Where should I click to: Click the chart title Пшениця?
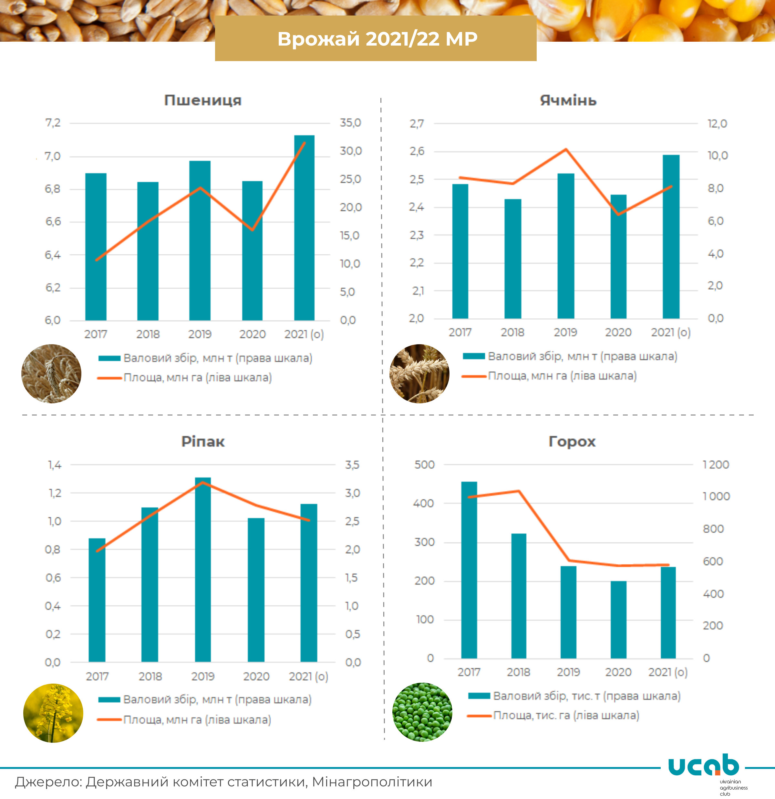(x=203, y=100)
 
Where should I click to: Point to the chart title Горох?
(x=572, y=442)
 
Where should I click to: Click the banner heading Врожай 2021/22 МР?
(x=377, y=39)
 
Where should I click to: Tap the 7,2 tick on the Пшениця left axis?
(x=53, y=123)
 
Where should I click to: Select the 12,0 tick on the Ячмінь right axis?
(x=717, y=123)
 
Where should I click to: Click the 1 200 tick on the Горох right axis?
(x=716, y=464)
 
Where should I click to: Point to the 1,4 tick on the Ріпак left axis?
(x=55, y=465)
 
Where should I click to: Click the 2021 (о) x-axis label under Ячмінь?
(x=671, y=333)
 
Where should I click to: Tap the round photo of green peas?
(x=422, y=712)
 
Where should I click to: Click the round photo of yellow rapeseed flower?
(x=53, y=713)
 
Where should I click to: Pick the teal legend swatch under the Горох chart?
(x=479, y=696)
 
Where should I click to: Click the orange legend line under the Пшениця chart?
(x=109, y=378)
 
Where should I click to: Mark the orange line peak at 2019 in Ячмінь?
(x=566, y=149)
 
